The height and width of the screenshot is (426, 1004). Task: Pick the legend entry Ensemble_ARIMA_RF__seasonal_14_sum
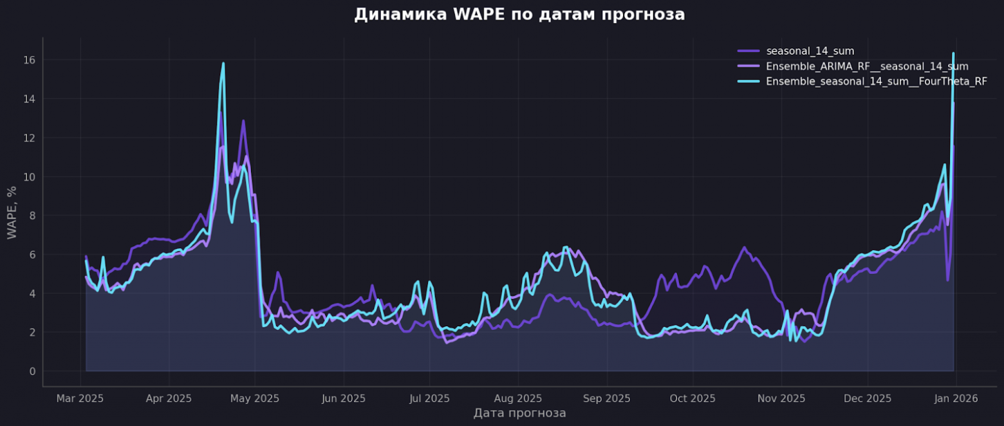[866, 66]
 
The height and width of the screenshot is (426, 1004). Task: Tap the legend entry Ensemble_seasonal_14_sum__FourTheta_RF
[876, 82]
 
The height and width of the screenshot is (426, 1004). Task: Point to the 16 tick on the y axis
[30, 60]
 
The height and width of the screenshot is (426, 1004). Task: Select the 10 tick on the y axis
[30, 177]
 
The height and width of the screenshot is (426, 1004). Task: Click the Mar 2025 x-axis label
[80, 399]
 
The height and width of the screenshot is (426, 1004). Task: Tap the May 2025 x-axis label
[255, 399]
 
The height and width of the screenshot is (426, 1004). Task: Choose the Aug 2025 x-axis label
[517, 399]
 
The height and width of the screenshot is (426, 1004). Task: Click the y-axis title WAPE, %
[12, 213]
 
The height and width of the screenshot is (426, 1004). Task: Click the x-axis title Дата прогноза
[519, 413]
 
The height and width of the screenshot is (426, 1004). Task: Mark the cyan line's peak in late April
[223, 63]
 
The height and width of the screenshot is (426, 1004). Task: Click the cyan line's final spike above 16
[953, 53]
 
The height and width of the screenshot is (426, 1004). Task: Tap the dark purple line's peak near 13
[243, 121]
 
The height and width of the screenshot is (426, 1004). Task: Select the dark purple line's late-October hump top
[744, 247]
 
